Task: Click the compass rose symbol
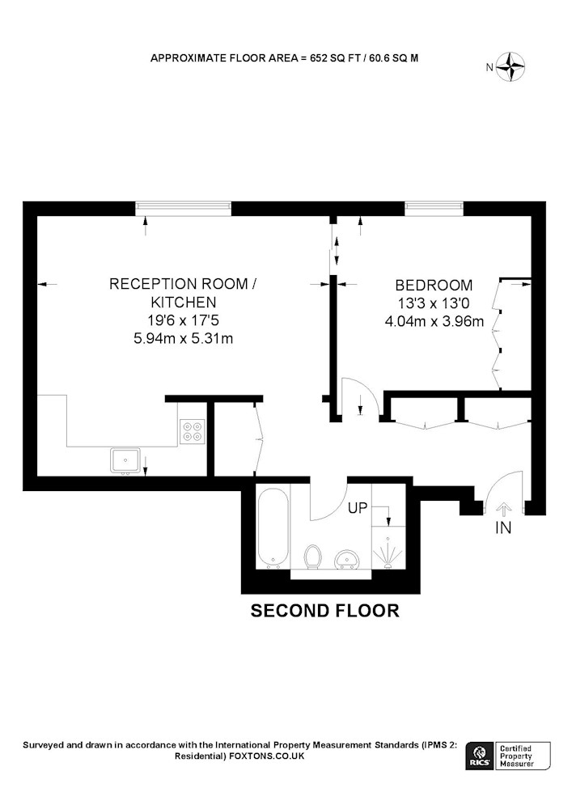(x=511, y=66)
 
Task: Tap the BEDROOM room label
(x=434, y=285)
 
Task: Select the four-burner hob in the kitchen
(x=193, y=431)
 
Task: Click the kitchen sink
(x=125, y=461)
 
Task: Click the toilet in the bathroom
(x=313, y=557)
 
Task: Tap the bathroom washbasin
(x=346, y=559)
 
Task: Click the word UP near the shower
(x=358, y=508)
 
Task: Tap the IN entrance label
(x=503, y=527)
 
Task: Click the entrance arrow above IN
(x=503, y=510)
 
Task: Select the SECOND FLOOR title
(x=325, y=611)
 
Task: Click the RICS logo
(x=479, y=756)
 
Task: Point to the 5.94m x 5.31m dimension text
(x=183, y=339)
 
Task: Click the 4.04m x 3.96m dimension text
(x=434, y=321)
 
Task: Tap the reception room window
(x=184, y=209)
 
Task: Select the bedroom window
(x=434, y=209)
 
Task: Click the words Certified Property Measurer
(x=516, y=756)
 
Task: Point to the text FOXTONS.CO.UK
(x=267, y=756)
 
